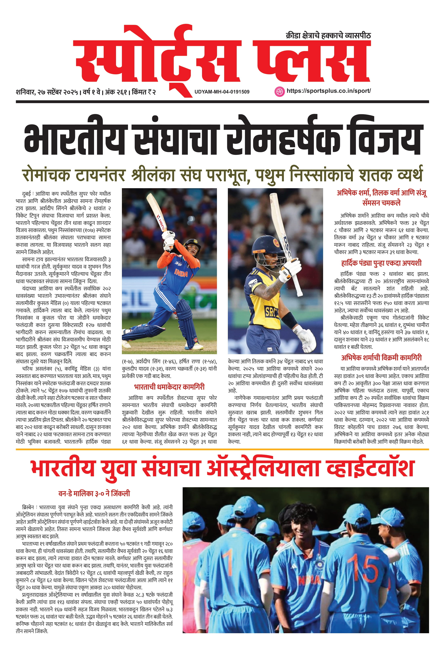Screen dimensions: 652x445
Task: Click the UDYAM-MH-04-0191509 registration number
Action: coord(222,92)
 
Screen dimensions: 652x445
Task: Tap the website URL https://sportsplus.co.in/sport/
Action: coord(329,91)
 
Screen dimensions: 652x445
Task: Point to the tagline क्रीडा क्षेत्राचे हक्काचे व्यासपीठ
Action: coord(328,36)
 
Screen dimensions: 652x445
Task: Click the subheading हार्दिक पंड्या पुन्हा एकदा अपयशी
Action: coord(381,263)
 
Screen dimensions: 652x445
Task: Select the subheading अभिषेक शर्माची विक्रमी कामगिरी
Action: coord(381,358)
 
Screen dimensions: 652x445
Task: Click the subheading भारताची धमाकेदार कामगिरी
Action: coord(169,387)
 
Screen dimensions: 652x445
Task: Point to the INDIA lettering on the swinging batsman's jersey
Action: coord(181,272)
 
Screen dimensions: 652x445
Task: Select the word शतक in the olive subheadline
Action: coord(375,175)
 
